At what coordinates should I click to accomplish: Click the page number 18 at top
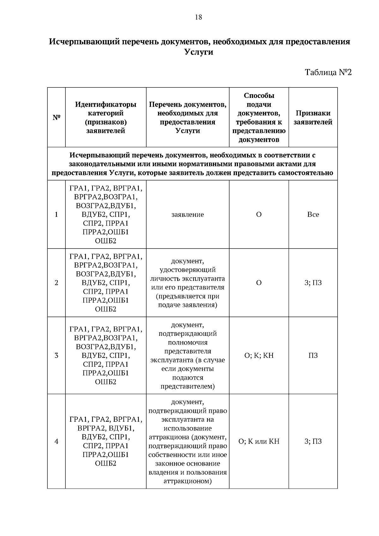click(x=198, y=17)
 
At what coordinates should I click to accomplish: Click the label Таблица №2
click(x=328, y=72)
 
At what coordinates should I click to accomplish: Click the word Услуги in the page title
click(x=199, y=52)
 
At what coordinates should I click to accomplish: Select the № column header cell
click(x=56, y=117)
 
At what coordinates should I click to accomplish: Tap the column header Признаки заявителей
click(x=313, y=117)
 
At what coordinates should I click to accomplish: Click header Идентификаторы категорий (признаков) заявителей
click(x=105, y=117)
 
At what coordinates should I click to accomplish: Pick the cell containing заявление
click(x=188, y=214)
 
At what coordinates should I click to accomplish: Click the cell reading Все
click(x=313, y=214)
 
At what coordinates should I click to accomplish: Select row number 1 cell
click(x=56, y=214)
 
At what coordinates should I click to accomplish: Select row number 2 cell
click(x=56, y=283)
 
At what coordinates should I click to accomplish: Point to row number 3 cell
click(x=56, y=355)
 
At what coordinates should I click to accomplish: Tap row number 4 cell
click(x=56, y=441)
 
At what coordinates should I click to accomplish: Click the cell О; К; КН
click(x=259, y=355)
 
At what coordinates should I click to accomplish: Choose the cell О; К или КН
click(x=259, y=441)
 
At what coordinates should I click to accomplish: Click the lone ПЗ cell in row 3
click(x=313, y=355)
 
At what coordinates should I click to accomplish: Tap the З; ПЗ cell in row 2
click(x=313, y=283)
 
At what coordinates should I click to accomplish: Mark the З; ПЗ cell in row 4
click(x=313, y=441)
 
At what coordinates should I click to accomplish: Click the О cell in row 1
click(x=259, y=214)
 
